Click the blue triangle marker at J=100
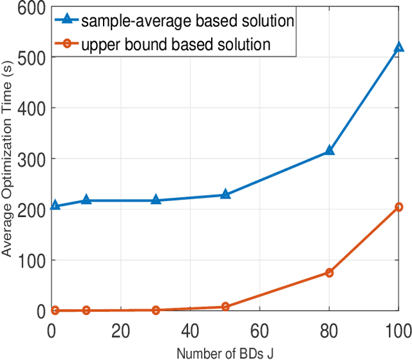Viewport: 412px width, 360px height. click(x=398, y=48)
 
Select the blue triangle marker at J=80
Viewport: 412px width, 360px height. click(x=329, y=150)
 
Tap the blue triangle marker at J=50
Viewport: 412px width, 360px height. click(x=225, y=194)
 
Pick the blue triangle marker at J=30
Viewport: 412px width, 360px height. click(x=156, y=200)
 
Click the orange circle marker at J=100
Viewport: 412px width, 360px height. click(x=398, y=207)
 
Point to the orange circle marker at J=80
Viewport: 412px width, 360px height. click(x=329, y=272)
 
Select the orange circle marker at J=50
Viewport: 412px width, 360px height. click(x=225, y=307)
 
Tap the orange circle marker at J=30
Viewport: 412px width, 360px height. click(x=156, y=310)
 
